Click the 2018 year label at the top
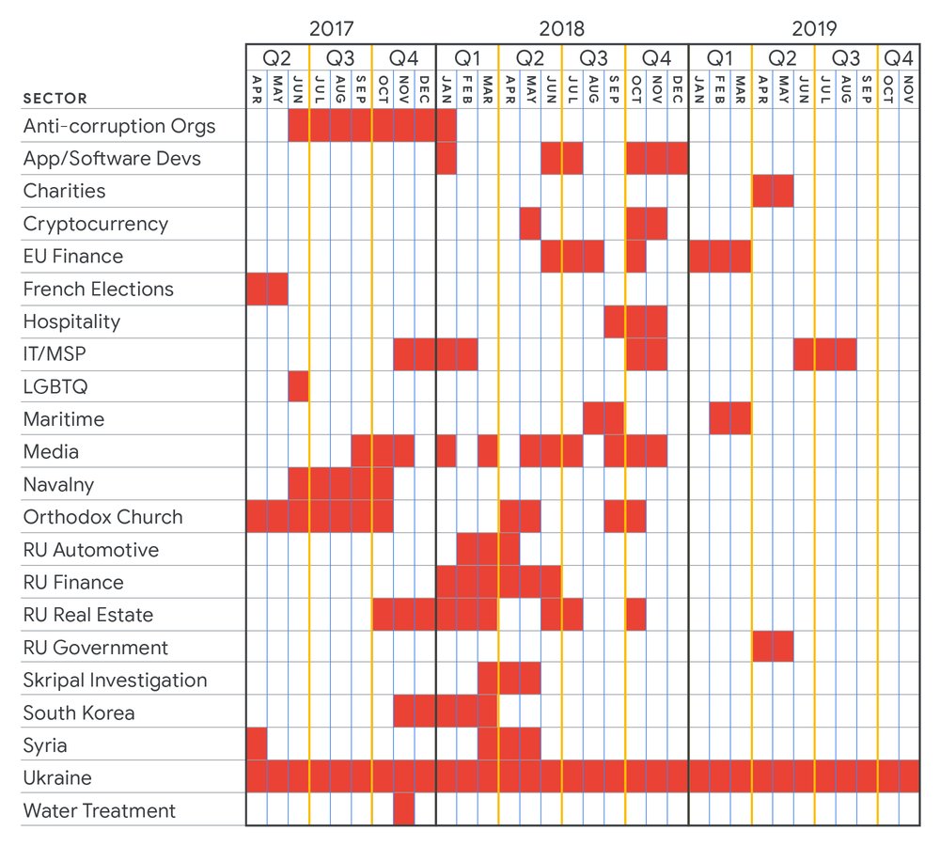(x=561, y=26)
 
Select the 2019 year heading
(x=814, y=26)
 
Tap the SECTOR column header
(x=55, y=99)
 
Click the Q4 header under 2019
(x=899, y=57)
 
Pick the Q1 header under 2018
(x=467, y=57)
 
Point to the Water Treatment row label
(x=100, y=810)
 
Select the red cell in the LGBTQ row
(x=299, y=386)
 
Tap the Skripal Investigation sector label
(x=115, y=680)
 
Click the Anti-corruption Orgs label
(x=119, y=126)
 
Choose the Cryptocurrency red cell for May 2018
(x=530, y=224)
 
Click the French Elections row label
(x=99, y=289)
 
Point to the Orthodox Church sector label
(x=103, y=517)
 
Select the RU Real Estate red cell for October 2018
(x=635, y=615)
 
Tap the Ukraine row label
(x=57, y=777)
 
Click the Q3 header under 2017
(x=340, y=57)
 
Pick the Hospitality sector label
(x=72, y=321)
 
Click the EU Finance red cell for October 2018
(x=635, y=257)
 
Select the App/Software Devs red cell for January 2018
(x=446, y=159)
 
